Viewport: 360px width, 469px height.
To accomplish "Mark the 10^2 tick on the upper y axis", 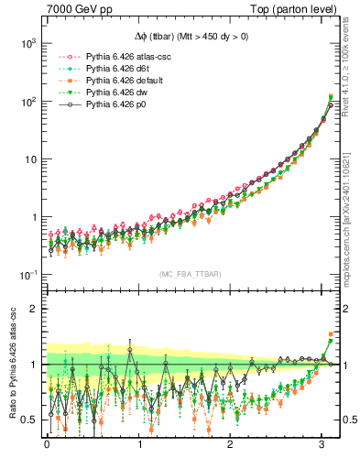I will pyautogui.click(x=28, y=101).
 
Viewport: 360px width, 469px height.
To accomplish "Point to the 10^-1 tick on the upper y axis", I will pyautogui.click(x=28, y=275).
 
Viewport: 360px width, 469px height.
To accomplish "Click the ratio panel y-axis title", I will pyautogui.click(x=11, y=364).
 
